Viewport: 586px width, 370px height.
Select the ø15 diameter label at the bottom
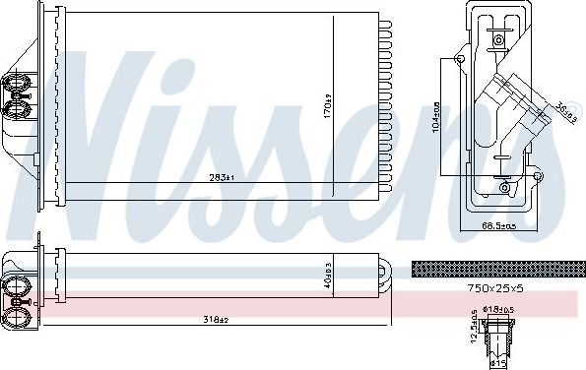(x=499, y=363)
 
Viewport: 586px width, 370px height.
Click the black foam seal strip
(x=494, y=267)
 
